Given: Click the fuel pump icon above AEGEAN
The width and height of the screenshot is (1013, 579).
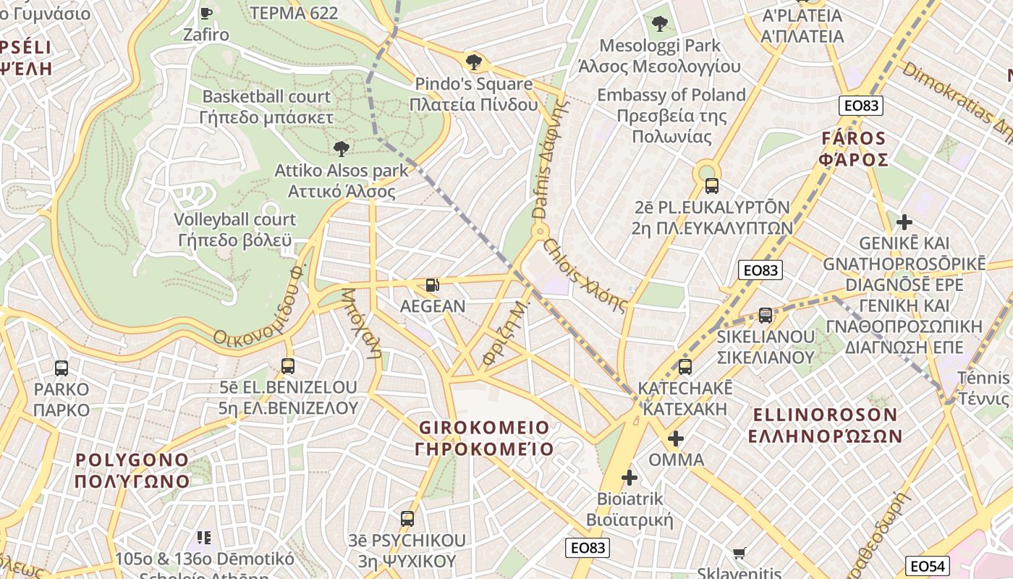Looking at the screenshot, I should point(432,285).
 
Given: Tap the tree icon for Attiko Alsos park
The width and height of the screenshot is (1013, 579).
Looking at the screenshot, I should point(341,149).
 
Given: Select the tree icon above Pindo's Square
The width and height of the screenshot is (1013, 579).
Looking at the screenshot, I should point(474,62).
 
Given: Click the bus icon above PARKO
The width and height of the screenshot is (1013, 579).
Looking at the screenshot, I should point(62,368).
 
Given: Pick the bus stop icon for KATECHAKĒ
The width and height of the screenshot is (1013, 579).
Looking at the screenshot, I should point(685,367).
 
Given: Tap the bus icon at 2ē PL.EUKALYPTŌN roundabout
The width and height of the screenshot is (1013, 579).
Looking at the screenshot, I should point(711,185).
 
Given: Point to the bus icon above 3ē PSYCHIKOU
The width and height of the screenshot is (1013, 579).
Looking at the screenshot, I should point(407,518).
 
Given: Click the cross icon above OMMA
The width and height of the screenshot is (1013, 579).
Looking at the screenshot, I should point(676,439).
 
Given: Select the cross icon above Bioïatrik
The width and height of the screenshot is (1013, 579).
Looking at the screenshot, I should point(630,478).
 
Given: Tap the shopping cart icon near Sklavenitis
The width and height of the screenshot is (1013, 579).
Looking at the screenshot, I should point(739,554).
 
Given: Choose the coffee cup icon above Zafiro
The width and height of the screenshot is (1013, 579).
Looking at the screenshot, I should point(206,12).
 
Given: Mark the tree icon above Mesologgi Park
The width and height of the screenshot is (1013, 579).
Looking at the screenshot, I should point(659,24).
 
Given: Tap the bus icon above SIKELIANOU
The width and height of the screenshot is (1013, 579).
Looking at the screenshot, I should point(765,316).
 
